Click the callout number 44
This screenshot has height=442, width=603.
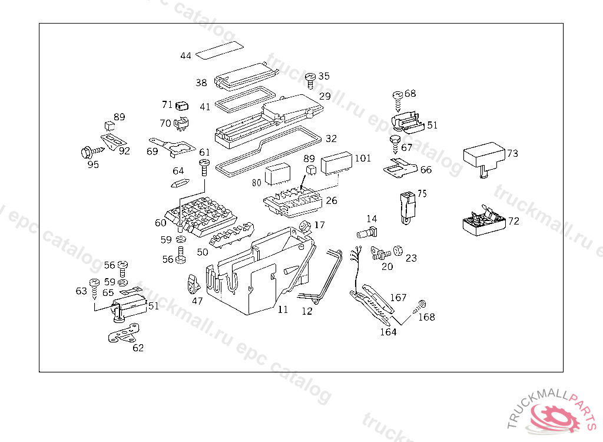pos(186,56)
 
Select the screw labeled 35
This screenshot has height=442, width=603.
pos(310,80)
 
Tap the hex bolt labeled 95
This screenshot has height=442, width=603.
pos(87,152)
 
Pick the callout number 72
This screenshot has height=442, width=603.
pos(514,222)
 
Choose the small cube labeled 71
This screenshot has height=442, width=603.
pos(181,106)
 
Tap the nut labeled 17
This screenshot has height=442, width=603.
pos(306,226)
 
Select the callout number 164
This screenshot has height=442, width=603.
pos(388,332)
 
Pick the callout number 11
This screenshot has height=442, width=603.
pos(283,310)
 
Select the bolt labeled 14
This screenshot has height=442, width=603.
pos(366,231)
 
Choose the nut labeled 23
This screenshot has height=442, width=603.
pos(397,251)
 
